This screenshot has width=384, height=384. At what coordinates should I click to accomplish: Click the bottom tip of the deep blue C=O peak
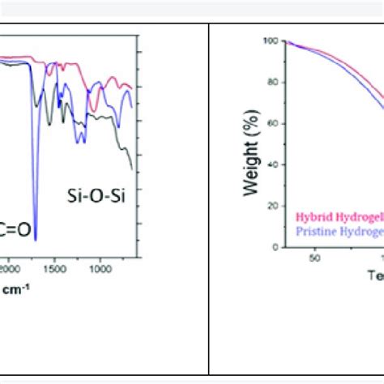(35, 240)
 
